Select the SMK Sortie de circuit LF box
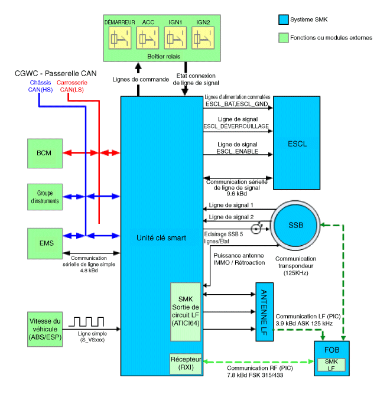(186, 311)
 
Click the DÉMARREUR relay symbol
(120, 38)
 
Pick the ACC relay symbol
(148, 38)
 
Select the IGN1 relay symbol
(175, 38)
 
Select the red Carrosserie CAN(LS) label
(71, 86)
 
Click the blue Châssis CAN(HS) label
(39, 86)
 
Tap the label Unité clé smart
(161, 238)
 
